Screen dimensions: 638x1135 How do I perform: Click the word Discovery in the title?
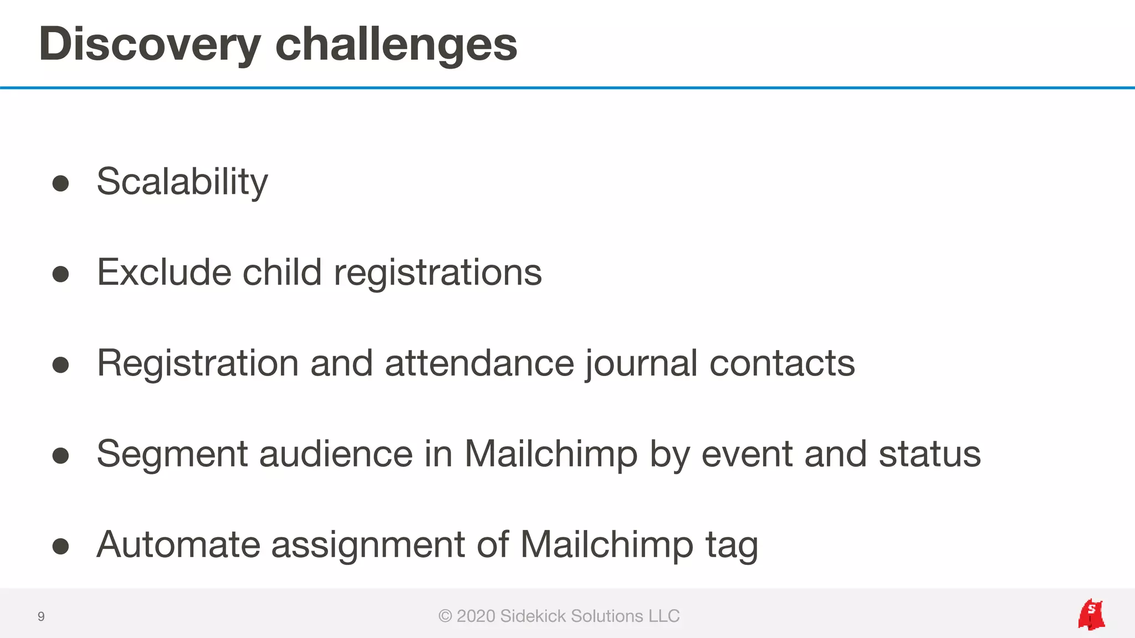(x=150, y=44)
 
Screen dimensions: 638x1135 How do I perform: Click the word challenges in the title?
(x=396, y=44)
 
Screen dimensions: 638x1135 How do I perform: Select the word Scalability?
(x=182, y=182)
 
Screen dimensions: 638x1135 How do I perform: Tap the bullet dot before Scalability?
(x=60, y=183)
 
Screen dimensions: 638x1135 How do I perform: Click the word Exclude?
(x=164, y=272)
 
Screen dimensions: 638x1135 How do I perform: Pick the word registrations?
(x=438, y=272)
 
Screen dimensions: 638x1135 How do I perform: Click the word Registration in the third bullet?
(x=198, y=363)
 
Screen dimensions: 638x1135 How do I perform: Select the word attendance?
(x=479, y=363)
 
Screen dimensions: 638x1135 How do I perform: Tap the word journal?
(x=641, y=363)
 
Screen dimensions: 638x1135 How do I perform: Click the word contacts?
(x=782, y=363)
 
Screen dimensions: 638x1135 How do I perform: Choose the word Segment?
(x=172, y=454)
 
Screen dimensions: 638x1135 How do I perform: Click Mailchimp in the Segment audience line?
(x=551, y=454)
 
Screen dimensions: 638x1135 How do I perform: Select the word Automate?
(x=178, y=545)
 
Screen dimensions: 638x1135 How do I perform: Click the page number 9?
(x=41, y=616)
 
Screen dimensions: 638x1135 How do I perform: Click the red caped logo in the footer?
(x=1091, y=615)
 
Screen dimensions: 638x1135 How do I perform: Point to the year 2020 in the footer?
(x=476, y=616)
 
